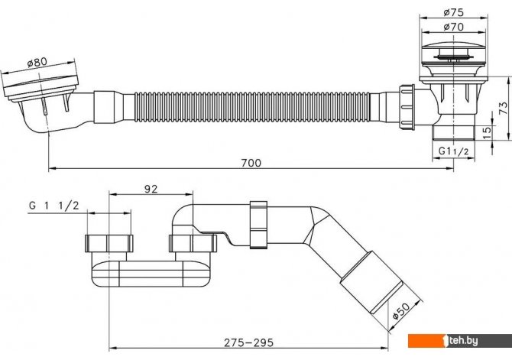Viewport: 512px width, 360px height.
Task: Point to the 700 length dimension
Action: click(x=251, y=163)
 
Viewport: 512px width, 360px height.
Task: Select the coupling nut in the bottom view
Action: click(x=259, y=225)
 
